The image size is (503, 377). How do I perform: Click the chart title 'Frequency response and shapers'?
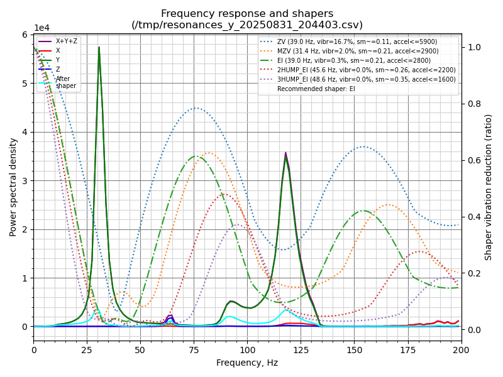[247, 14]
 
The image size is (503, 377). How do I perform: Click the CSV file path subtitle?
[247, 25]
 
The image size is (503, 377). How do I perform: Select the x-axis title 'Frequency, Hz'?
[247, 363]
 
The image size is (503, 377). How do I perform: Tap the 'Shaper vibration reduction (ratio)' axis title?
[489, 187]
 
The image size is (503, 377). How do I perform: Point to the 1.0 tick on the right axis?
[473, 47]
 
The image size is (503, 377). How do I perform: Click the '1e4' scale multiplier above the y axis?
[41, 28]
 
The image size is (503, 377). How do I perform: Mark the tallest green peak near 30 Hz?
[99, 47]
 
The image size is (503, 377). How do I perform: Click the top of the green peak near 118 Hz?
[285, 155]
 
